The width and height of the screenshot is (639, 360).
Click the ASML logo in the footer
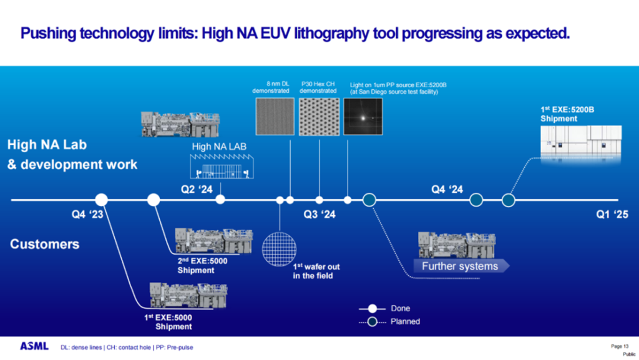[x=34, y=346]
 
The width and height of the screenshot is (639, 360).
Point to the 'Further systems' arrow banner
[x=460, y=266]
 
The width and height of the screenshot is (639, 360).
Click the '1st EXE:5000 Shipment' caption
[x=173, y=322]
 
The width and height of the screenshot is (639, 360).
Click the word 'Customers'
[x=45, y=244]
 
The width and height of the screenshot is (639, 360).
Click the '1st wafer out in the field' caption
[x=317, y=271]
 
